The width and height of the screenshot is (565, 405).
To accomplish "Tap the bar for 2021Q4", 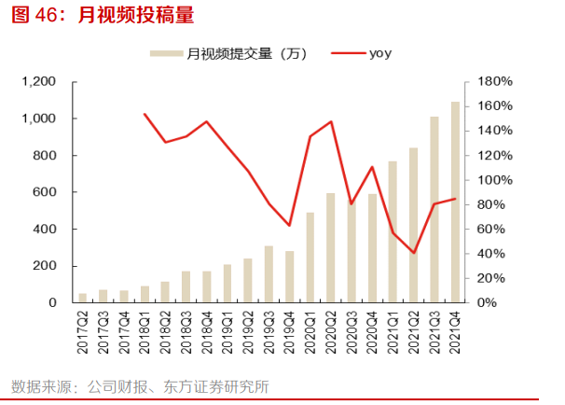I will (x=455, y=202).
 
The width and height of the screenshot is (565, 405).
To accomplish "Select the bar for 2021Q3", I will (x=434, y=209).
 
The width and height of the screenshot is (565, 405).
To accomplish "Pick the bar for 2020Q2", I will (x=331, y=247).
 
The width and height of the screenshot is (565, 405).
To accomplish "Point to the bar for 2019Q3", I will (x=269, y=273).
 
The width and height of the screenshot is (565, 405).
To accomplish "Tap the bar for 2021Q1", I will (x=393, y=231).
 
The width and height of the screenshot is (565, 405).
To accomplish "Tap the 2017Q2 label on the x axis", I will (x=83, y=334).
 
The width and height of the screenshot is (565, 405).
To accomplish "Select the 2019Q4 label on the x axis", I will (x=290, y=334).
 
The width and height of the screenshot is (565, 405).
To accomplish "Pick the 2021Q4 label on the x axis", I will (x=456, y=334).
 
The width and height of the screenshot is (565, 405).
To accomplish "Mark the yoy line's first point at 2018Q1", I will (x=145, y=114).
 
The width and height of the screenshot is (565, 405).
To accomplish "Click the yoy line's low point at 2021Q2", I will (x=414, y=253).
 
